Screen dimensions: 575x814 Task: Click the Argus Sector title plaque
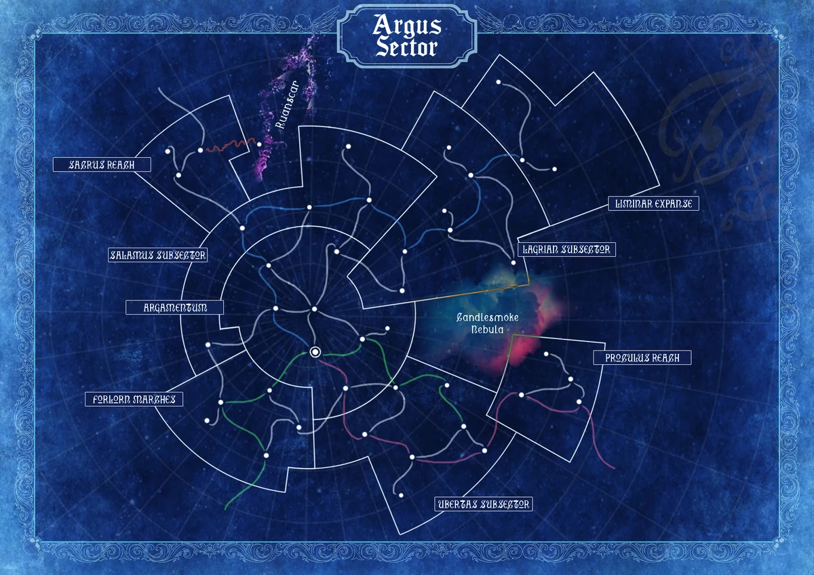tap(407, 35)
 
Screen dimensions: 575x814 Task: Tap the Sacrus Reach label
tap(102, 165)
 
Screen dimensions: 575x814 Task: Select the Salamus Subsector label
tap(158, 255)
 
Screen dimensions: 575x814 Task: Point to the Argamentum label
tap(175, 307)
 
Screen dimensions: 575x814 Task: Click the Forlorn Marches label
tap(134, 399)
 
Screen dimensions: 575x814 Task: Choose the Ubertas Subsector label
tap(483, 504)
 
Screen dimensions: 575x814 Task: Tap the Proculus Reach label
tap(642, 357)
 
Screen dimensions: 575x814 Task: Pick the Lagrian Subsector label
tap(566, 250)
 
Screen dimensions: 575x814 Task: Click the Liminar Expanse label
tap(653, 203)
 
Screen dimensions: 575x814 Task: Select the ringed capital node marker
tap(315, 351)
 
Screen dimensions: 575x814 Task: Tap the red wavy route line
tap(229, 146)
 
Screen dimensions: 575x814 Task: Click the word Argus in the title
tap(407, 26)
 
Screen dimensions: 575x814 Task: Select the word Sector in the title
tap(407, 47)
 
